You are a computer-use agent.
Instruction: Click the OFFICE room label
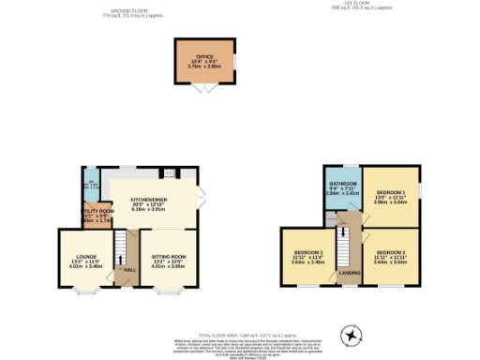click(205, 57)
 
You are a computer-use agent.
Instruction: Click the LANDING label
click(349, 275)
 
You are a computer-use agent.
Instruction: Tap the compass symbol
click(350, 334)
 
